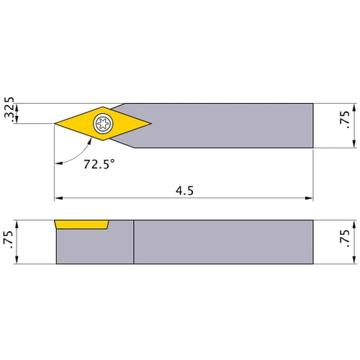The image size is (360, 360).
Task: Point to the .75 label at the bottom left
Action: pos(8,240)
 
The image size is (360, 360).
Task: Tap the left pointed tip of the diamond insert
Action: pos(56,124)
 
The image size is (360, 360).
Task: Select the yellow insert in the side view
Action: pos(81,225)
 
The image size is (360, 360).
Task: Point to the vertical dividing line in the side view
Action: pos(133,240)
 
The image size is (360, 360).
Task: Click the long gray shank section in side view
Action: pos(223,241)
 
